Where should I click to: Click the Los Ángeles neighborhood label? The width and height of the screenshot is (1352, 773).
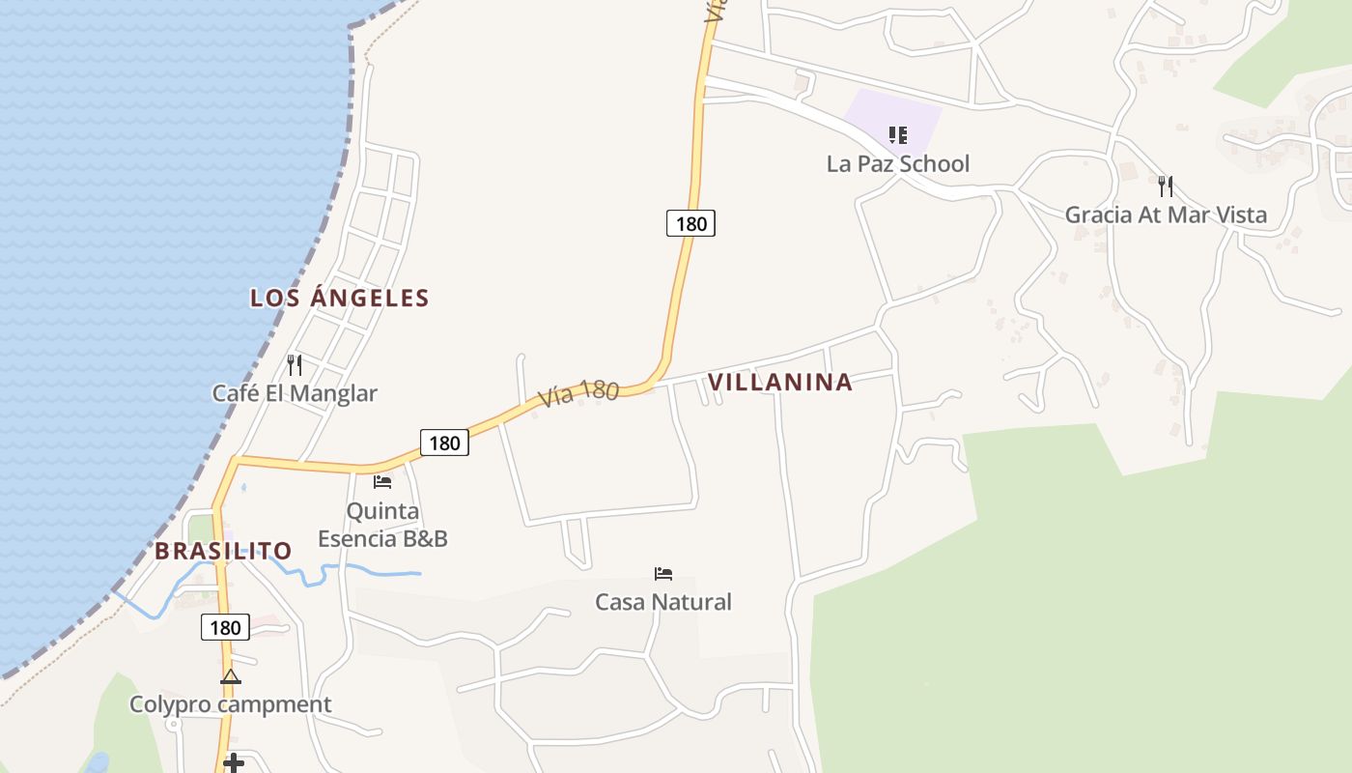click(x=339, y=298)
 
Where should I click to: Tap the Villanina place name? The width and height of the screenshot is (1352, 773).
click(x=780, y=383)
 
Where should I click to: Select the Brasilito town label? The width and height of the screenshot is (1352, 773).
click(x=223, y=551)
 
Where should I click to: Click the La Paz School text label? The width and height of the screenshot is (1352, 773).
click(x=897, y=163)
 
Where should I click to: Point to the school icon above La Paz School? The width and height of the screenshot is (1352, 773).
click(x=898, y=135)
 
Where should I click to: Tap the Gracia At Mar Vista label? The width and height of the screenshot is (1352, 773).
click(x=1166, y=215)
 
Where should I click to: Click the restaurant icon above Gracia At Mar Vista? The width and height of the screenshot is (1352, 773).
click(x=1166, y=186)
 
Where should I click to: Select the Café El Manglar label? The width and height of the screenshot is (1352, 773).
click(x=295, y=393)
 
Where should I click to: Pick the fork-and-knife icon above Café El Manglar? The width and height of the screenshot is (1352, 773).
click(x=295, y=365)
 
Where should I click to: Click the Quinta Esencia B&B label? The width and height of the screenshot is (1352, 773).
click(x=382, y=525)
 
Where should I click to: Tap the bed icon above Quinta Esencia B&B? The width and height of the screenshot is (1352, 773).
click(x=382, y=481)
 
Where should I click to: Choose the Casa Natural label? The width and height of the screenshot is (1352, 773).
click(x=663, y=602)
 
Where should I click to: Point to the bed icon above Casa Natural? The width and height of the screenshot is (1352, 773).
click(x=663, y=574)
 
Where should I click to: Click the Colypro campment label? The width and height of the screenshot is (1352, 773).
click(x=231, y=704)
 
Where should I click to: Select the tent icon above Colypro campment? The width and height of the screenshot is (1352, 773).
click(x=230, y=676)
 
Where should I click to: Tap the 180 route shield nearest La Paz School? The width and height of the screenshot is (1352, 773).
click(x=690, y=224)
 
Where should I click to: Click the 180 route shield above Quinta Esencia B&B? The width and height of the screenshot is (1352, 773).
click(x=444, y=444)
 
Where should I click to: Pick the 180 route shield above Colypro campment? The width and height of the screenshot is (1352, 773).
click(x=225, y=628)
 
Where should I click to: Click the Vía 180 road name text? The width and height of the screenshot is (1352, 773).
click(x=577, y=392)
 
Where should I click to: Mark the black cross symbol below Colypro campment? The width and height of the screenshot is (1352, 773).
click(x=233, y=763)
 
